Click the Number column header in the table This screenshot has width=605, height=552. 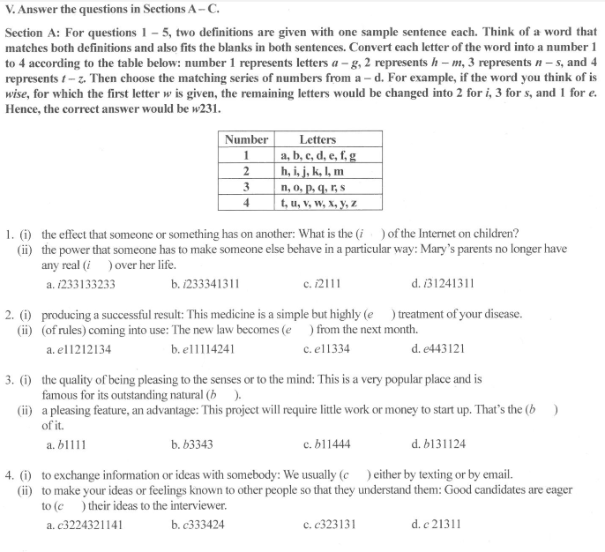(246, 139)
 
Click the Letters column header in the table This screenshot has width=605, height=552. (317, 139)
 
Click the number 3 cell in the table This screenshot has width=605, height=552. (246, 187)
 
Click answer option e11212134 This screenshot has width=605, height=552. (84, 349)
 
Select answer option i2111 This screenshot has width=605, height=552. (325, 284)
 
